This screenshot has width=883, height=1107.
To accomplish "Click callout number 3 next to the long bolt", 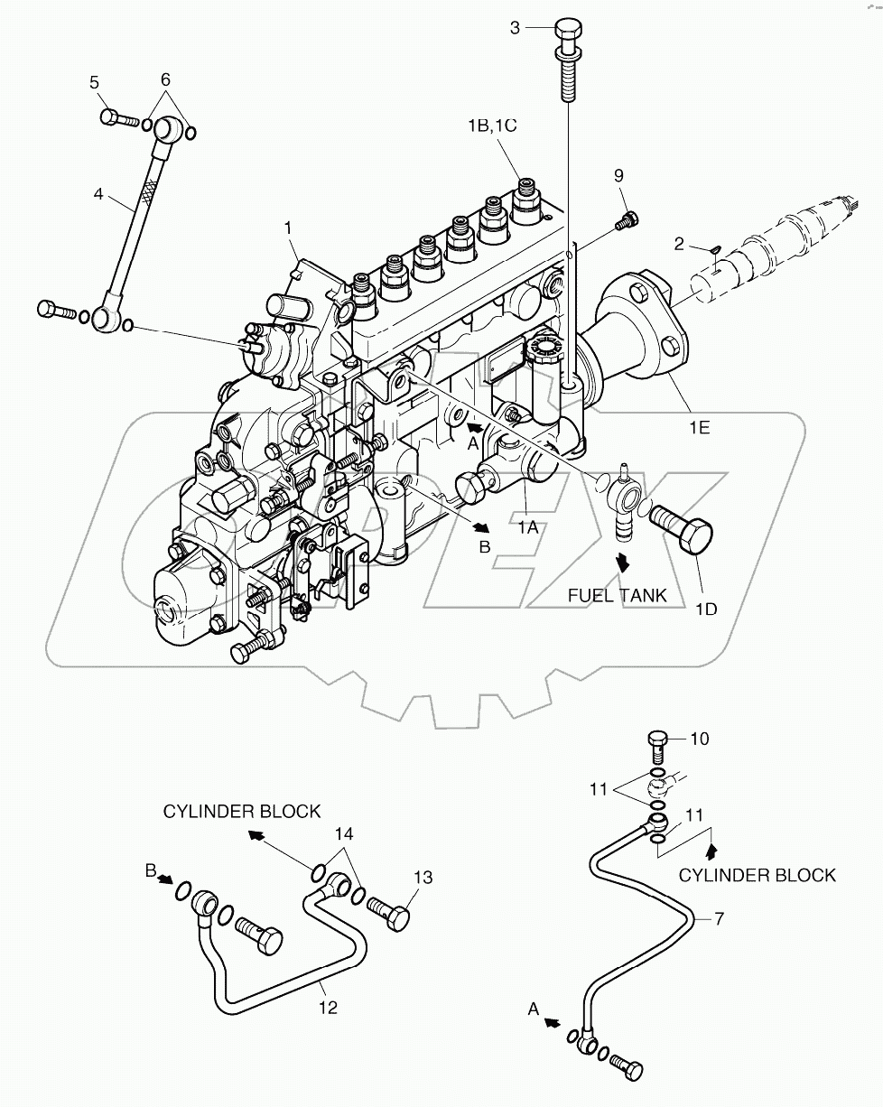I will coord(516,28).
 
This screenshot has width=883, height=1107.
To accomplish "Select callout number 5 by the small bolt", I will coord(94,83).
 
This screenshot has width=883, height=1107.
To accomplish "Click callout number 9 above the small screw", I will coord(618,174).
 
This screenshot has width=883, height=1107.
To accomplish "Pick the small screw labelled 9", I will coord(626,218).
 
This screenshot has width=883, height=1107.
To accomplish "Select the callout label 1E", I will coord(698,426).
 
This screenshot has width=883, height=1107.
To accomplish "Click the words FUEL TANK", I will coord(617,595).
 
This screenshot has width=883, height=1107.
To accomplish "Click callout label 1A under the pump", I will coord(527,527).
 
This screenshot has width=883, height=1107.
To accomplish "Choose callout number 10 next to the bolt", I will coord(700,739).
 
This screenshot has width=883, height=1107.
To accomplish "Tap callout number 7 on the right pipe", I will coord(719,919).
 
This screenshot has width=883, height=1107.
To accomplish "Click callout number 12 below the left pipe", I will coord(328,1007).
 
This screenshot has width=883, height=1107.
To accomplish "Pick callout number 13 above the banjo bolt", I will coord(423,877).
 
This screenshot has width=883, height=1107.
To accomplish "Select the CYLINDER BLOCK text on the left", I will coord(242,811).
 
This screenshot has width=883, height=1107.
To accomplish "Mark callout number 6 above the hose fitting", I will coord(166,79).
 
